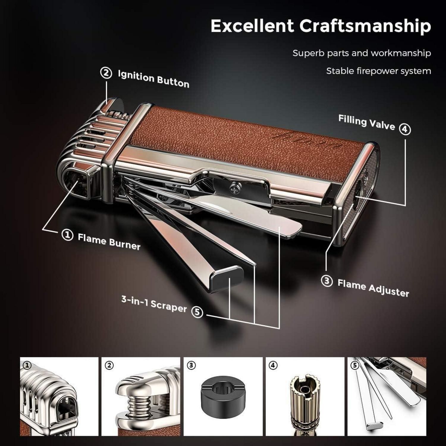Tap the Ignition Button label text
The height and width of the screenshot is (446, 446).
pyautogui.click(x=153, y=79)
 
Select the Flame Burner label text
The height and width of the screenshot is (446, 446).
pyautogui.click(x=109, y=241)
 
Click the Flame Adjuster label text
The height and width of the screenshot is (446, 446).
pyautogui.click(x=373, y=288)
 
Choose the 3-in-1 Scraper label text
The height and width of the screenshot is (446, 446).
pyautogui.click(x=154, y=304)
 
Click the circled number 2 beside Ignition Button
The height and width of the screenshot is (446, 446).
pyautogui.click(x=106, y=73)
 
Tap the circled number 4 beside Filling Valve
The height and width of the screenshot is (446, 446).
pyautogui.click(x=405, y=130)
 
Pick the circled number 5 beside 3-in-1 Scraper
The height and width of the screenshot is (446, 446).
pyautogui.click(x=197, y=312)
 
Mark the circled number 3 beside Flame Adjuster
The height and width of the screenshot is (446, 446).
pyautogui.click(x=327, y=281)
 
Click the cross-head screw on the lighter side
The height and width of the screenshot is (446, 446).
pyautogui.click(x=234, y=187)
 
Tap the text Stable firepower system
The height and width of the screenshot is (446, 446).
pyautogui.click(x=379, y=71)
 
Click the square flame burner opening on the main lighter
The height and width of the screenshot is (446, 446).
pyautogui.click(x=77, y=182)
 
